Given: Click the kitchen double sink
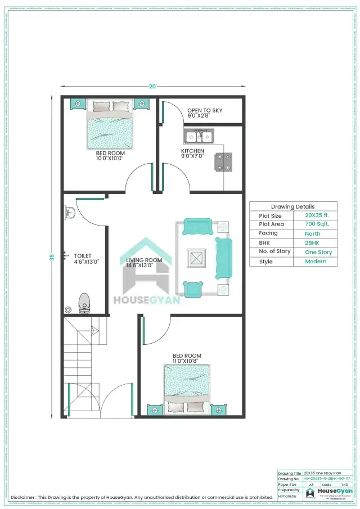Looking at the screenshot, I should (199, 136).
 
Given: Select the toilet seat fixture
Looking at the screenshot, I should (84, 302).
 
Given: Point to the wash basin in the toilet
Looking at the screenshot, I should (70, 213).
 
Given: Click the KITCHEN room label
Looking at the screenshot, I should (192, 151).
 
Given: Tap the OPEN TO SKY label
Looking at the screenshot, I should (205, 110).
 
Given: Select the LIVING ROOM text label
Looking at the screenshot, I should (141, 260).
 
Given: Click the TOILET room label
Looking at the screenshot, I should (83, 256).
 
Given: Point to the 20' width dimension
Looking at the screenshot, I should (152, 87).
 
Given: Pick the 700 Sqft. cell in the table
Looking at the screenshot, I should (317, 224).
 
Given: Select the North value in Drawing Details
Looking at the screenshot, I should (312, 233).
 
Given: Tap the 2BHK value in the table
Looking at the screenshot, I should (312, 243).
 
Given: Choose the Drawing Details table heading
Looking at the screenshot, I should (292, 206).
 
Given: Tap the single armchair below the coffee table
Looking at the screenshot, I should (194, 289).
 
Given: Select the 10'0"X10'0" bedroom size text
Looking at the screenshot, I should (109, 158).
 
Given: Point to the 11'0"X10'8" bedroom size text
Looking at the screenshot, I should (187, 361).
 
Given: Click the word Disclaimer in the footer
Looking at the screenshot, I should (23, 497).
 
